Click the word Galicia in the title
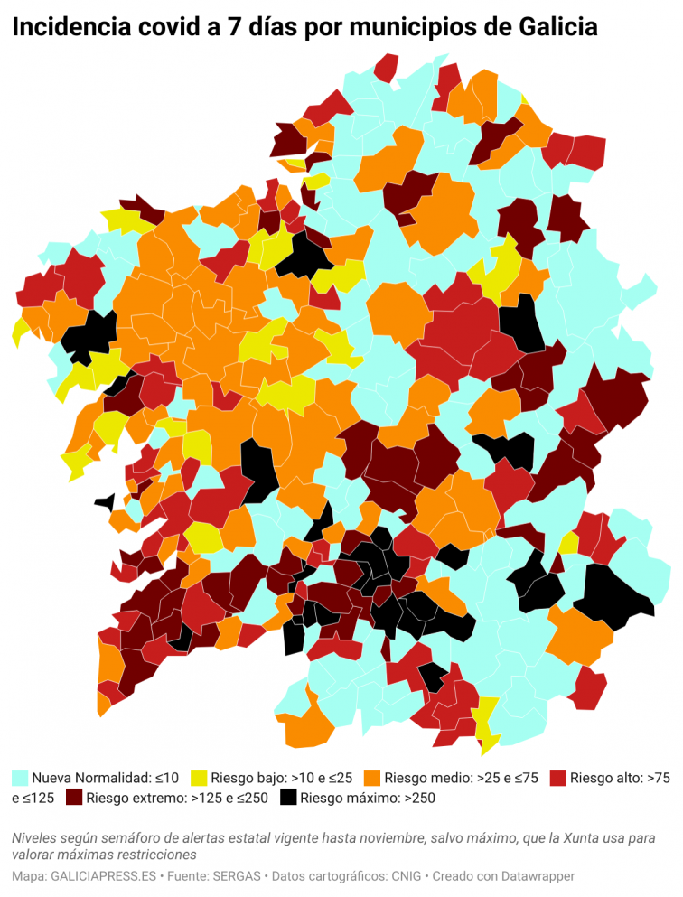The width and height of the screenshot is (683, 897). [x=558, y=29]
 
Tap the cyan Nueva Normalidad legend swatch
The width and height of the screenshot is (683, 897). [x=20, y=777]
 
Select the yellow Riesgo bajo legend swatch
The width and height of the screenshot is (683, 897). [x=199, y=777]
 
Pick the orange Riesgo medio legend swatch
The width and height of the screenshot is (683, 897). [x=372, y=777]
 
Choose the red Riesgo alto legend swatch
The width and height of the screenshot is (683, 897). [x=558, y=777]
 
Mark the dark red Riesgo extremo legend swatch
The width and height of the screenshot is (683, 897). [x=74, y=798]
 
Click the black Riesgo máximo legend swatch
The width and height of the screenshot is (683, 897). [x=288, y=798]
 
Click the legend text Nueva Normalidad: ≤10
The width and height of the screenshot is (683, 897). [x=105, y=777]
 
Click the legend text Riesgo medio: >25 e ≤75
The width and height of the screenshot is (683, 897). [x=462, y=777]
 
